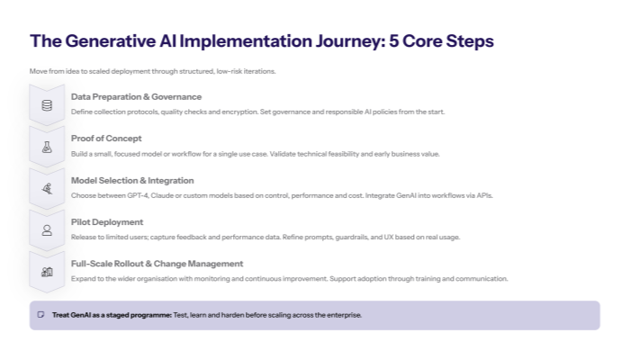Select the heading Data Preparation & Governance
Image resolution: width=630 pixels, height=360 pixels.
tap(136, 96)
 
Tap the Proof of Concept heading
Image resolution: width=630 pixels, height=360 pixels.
tap(106, 138)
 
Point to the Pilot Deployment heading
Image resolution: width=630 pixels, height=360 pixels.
tap(107, 221)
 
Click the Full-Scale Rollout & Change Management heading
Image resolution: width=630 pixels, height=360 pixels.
tap(157, 264)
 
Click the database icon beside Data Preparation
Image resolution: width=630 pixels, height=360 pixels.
tap(47, 104)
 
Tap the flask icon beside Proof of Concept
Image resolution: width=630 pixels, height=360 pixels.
tap(47, 146)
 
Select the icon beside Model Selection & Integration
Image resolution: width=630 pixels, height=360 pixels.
tap(47, 188)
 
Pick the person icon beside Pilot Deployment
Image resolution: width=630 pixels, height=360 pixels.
tap(47, 229)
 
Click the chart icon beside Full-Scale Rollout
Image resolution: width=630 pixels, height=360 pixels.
tap(47, 272)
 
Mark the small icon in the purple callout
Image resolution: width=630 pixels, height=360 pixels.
tap(40, 315)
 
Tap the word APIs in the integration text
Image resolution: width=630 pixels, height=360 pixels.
tap(484, 195)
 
